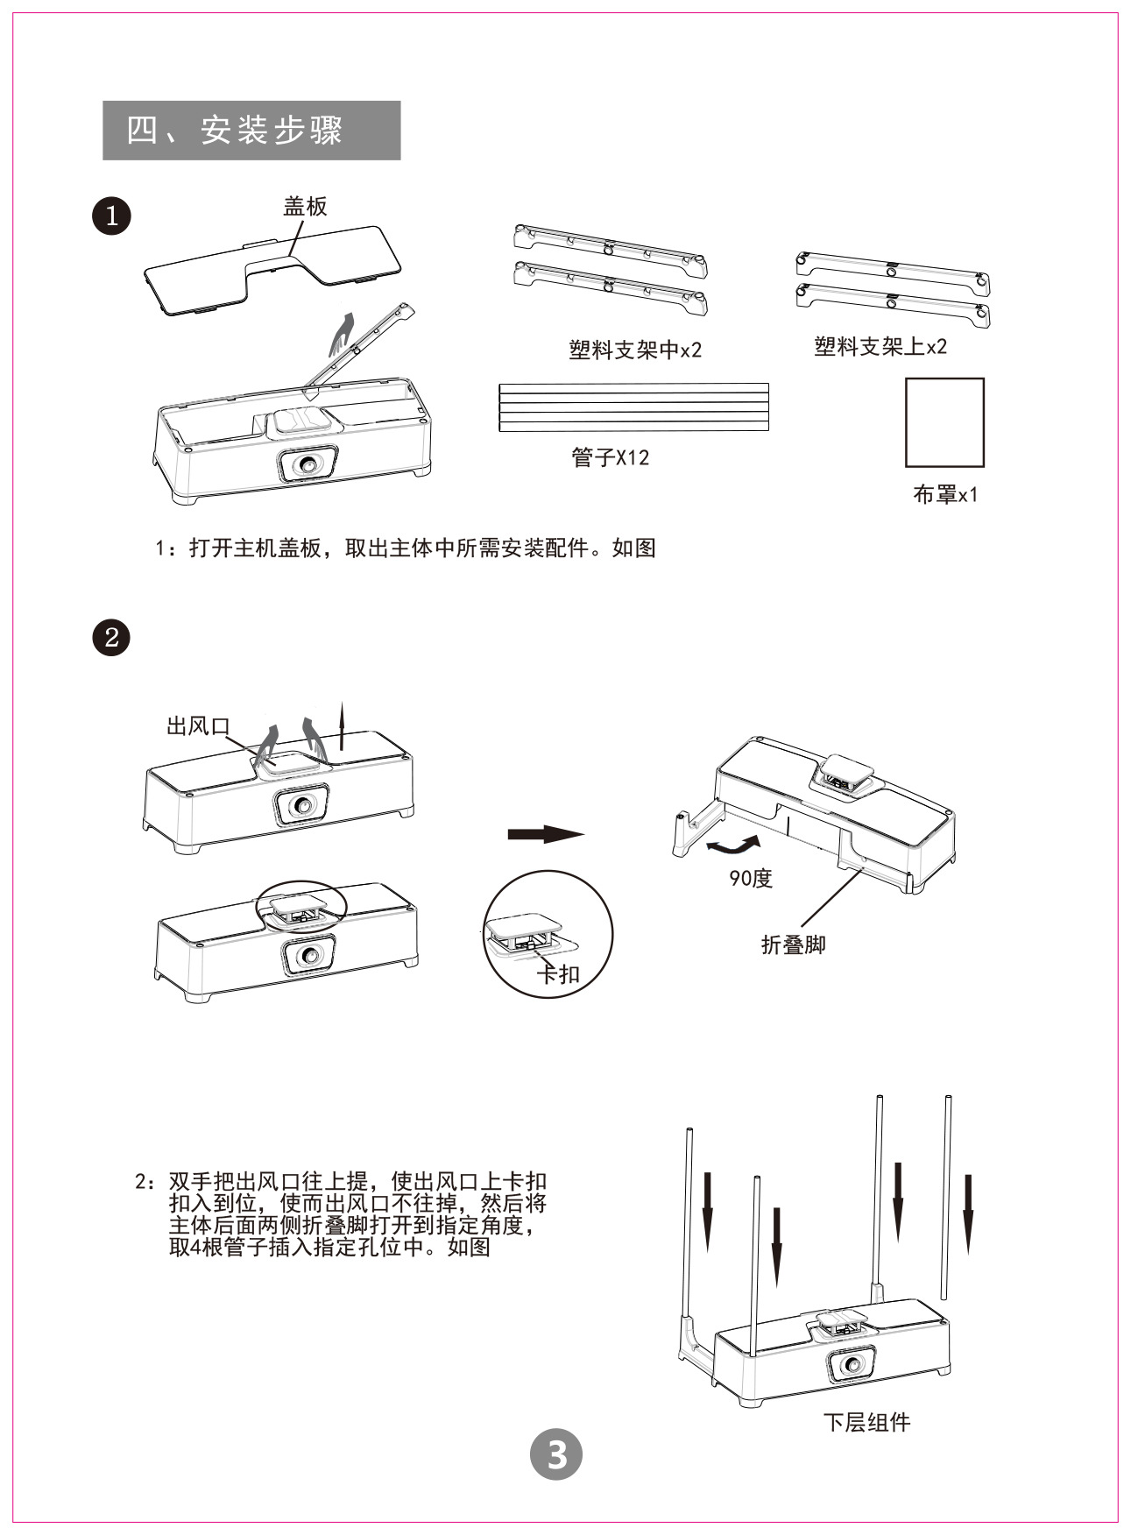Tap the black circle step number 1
(x=111, y=216)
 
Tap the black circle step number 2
(x=111, y=637)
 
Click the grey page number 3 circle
(x=556, y=1455)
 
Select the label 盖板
(x=304, y=206)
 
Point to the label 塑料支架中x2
(x=635, y=350)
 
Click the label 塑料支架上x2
(x=880, y=347)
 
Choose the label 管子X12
(x=611, y=457)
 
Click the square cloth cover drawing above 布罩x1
(x=944, y=422)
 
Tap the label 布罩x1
(x=945, y=495)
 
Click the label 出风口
(x=198, y=726)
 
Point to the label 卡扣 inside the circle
(x=558, y=973)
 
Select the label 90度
(x=751, y=878)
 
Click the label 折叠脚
(x=794, y=944)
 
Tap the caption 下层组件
(x=866, y=1421)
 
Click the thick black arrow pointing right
(x=545, y=833)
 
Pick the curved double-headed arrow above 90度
(x=733, y=845)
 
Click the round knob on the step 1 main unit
(x=307, y=464)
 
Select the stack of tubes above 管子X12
(x=633, y=407)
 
